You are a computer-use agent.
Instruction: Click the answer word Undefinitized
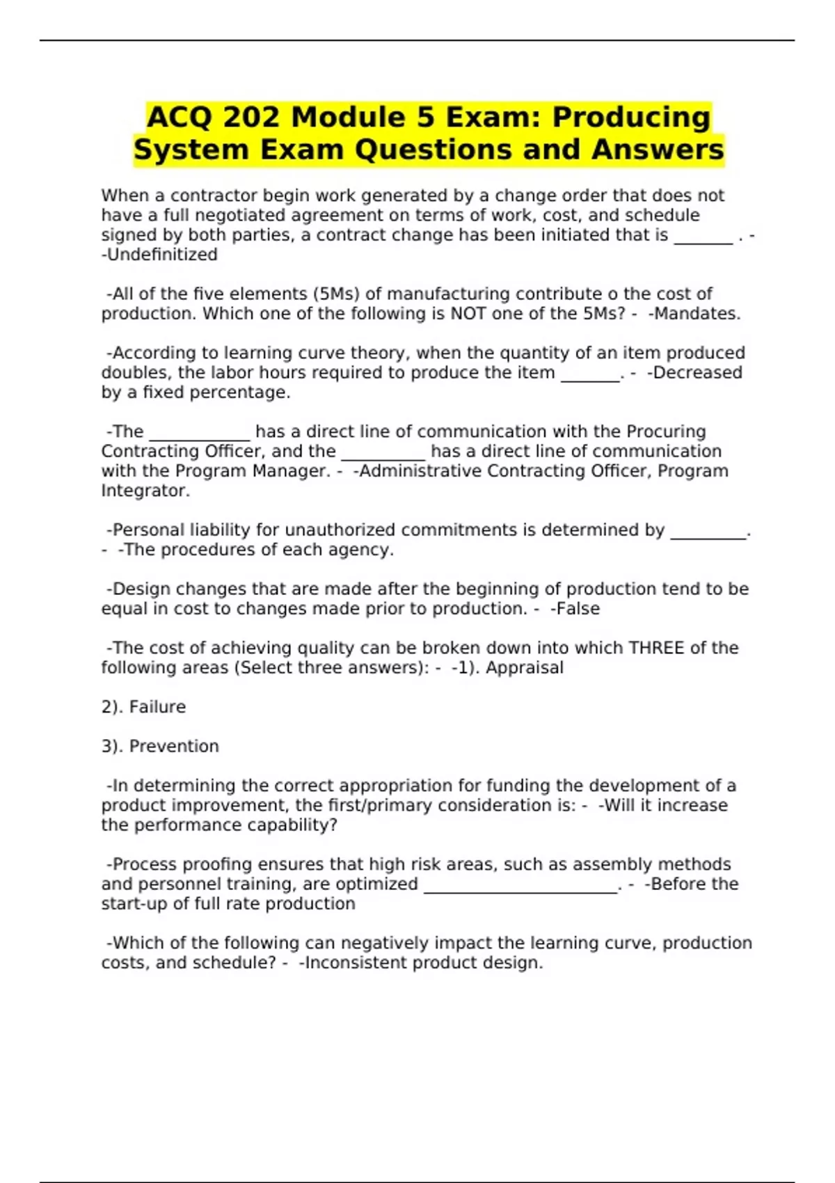163,255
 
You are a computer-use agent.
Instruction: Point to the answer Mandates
697,314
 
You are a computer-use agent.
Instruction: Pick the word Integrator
145,491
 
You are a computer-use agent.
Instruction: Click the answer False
578,609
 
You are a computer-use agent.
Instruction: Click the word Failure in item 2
158,707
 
